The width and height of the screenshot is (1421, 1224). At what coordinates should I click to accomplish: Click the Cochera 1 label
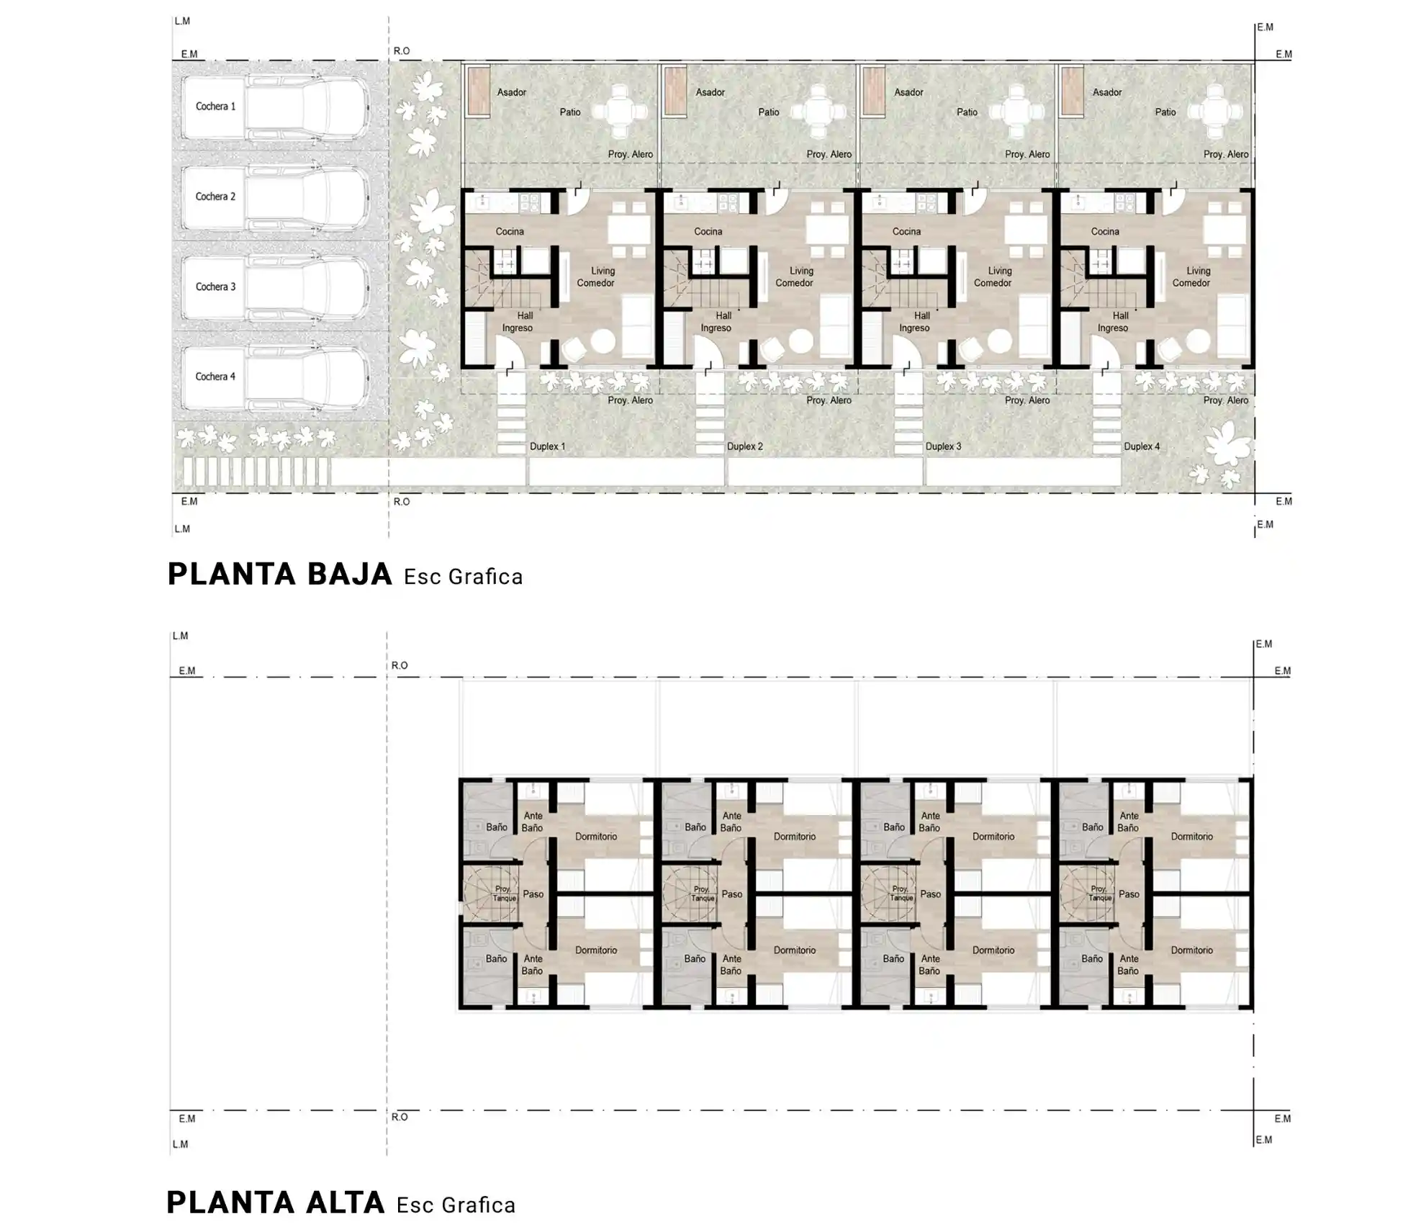coord(215,107)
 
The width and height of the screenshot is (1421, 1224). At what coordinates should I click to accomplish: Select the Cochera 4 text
coord(215,377)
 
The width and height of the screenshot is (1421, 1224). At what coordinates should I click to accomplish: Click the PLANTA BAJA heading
coord(280,575)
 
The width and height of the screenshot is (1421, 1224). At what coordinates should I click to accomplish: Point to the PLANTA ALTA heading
coord(276,1202)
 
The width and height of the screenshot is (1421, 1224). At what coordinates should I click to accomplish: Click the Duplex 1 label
coord(547,446)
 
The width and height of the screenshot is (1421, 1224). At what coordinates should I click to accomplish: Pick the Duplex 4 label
coord(1142,446)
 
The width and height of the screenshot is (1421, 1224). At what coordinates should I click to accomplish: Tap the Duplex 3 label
coord(943,446)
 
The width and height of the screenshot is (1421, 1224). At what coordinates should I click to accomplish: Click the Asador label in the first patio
coord(511,92)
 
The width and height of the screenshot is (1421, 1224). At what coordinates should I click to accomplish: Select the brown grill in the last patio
coord(1072,91)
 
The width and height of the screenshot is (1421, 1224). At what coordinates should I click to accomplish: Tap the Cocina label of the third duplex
coord(906,231)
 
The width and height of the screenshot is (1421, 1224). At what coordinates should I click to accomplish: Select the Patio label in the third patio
coord(967,112)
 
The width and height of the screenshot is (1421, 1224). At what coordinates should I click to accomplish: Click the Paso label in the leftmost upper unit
coord(533,894)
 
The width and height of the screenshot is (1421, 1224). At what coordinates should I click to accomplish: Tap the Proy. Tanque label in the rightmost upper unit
coord(1100,894)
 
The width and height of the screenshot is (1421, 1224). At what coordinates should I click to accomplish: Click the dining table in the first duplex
coord(628,230)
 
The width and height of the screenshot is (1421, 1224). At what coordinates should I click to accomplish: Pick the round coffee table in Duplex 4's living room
coord(1198,341)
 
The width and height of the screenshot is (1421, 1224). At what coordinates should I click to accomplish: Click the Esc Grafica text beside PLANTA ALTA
coord(456,1205)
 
